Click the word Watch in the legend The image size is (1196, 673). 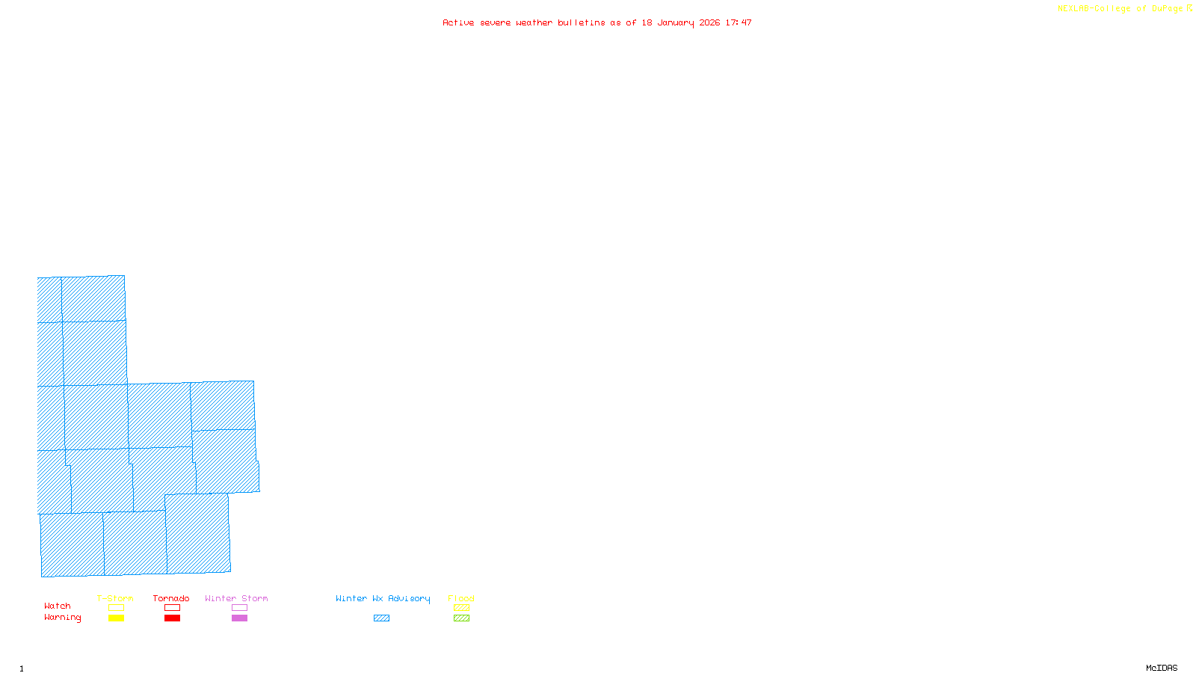click(58, 606)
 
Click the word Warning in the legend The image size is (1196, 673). click(63, 618)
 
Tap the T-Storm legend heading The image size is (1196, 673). click(115, 598)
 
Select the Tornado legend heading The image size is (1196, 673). click(171, 598)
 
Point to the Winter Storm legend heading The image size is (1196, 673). click(236, 598)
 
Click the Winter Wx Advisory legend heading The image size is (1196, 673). click(383, 598)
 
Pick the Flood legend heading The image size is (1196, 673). click(461, 598)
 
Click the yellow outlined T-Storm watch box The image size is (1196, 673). click(116, 608)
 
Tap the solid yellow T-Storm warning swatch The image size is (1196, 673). click(116, 618)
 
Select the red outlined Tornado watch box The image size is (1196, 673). click(172, 608)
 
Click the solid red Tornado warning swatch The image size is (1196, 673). click(172, 618)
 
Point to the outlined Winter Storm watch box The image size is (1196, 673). click(239, 608)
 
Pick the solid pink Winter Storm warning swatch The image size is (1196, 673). click(239, 618)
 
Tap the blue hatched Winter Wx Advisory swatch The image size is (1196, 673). click(381, 618)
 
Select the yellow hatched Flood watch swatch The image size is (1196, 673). click(461, 608)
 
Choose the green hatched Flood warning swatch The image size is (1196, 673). click(461, 618)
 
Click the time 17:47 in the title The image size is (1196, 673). click(739, 22)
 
